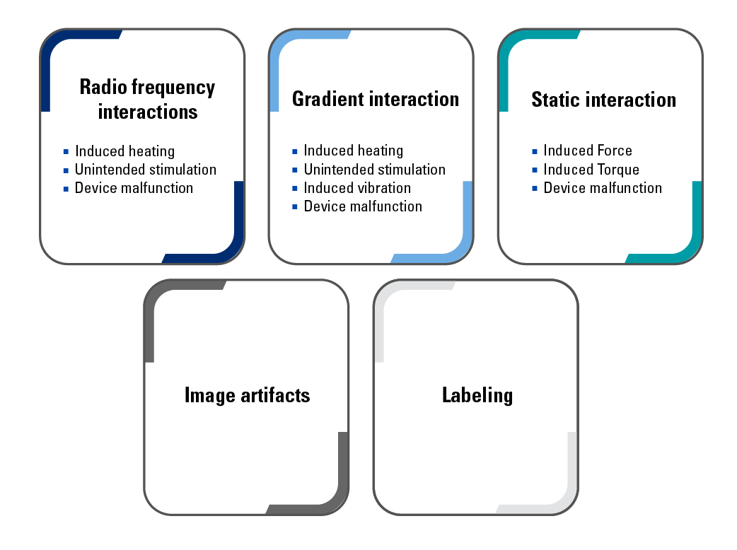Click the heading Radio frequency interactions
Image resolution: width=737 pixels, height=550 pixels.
(x=147, y=99)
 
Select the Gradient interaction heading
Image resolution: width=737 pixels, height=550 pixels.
(x=376, y=99)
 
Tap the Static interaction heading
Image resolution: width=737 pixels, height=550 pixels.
(x=603, y=100)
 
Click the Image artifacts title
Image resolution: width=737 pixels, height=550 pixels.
(x=247, y=394)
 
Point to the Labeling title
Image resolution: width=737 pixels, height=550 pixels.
(x=477, y=394)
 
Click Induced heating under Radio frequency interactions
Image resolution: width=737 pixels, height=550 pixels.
(x=124, y=151)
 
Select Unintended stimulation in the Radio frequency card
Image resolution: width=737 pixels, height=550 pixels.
(x=146, y=170)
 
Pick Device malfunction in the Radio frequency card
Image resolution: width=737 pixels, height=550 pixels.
(x=134, y=188)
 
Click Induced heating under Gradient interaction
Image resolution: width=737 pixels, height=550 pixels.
(x=354, y=151)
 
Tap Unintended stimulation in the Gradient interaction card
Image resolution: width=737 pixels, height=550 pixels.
(x=375, y=170)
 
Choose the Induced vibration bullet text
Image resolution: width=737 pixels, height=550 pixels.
(x=357, y=188)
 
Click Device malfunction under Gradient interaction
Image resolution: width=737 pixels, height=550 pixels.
(x=363, y=206)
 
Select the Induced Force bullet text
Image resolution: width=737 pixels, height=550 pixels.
(x=588, y=151)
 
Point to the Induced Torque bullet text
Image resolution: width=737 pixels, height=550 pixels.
(x=591, y=170)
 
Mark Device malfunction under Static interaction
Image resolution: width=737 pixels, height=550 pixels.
(x=603, y=188)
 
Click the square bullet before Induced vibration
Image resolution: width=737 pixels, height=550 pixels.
(x=295, y=189)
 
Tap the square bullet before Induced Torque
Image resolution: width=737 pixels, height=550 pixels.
(x=535, y=170)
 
